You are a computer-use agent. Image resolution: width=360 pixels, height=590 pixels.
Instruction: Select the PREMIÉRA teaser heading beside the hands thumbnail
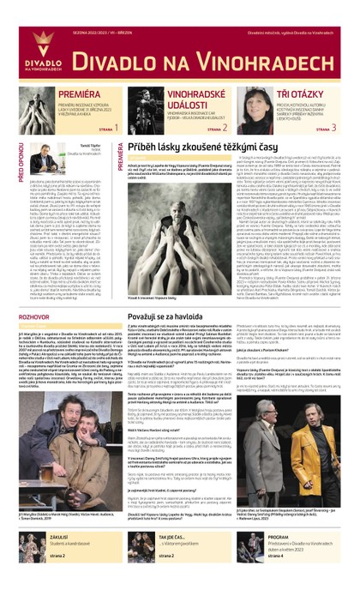pyautogui.click(x=77, y=91)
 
